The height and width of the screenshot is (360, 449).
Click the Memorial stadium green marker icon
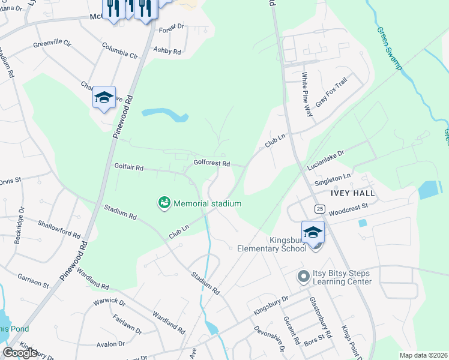164,203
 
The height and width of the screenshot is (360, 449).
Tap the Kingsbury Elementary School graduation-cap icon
313,232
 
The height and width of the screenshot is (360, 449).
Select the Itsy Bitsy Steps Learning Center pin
304,277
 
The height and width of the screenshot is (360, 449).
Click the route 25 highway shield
319,209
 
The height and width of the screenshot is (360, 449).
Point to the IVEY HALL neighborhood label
352,194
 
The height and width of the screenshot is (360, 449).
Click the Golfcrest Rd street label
212,163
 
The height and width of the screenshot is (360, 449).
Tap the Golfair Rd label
129,168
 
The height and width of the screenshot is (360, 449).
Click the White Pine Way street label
306,94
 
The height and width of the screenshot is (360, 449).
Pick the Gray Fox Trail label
331,92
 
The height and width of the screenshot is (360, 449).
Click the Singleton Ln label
332,179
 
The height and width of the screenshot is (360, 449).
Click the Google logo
20,353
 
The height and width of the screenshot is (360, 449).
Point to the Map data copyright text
423,355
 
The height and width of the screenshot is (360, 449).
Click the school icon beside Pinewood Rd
103,98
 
